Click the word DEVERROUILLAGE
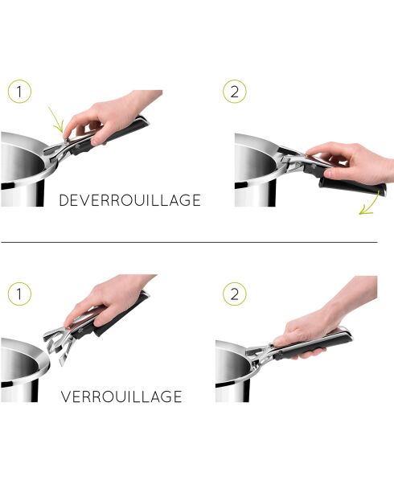[129, 200]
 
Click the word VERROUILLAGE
[121, 396]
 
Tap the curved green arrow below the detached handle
[371, 208]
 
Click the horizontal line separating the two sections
[189, 241]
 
